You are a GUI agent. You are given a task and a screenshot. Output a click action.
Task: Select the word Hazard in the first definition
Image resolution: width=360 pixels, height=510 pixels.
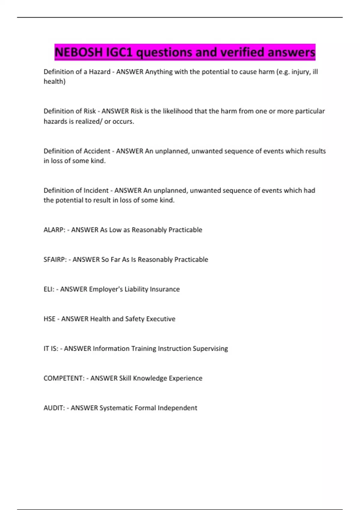(100, 72)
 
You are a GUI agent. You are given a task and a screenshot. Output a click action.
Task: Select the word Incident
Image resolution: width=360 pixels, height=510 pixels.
(96, 190)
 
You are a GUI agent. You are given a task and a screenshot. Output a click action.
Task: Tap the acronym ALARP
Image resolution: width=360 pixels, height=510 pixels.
(53, 230)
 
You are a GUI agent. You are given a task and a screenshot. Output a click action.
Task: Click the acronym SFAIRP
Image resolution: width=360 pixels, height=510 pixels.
(54, 259)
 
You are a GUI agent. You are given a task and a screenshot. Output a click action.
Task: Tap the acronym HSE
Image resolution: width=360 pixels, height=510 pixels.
(49, 319)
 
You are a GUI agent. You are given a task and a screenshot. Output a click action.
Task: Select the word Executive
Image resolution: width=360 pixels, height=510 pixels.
(160, 319)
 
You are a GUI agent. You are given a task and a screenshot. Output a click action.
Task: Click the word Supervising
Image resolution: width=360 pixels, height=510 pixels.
(210, 349)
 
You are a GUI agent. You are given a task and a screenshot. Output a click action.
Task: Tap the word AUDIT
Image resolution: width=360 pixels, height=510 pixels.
(53, 408)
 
